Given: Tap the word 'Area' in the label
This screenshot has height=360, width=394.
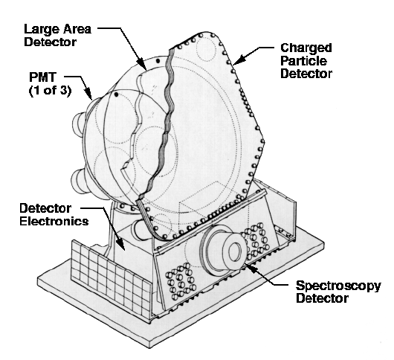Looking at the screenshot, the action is click(77, 29).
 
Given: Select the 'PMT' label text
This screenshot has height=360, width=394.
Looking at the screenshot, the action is click(42, 77).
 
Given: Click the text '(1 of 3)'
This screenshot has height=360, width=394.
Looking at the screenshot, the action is click(50, 90).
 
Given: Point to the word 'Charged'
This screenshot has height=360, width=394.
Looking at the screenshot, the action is click(306, 48).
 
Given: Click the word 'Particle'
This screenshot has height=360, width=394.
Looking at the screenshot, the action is click(303, 61).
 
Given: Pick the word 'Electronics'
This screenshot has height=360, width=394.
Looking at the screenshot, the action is click(54, 222).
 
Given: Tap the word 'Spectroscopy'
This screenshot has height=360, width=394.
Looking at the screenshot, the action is click(338, 286).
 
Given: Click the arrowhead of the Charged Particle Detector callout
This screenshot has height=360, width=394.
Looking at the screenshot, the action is click(238, 60).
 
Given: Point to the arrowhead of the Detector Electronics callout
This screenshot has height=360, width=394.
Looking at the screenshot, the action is click(121, 244).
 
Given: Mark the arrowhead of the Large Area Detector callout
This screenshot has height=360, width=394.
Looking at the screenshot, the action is click(143, 65).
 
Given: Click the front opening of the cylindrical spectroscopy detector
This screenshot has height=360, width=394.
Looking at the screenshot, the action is click(235, 251).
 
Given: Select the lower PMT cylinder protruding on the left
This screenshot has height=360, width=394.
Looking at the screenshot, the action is click(78, 181).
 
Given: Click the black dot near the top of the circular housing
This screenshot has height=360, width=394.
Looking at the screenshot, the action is click(158, 61).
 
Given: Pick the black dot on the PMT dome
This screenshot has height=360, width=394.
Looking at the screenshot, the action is click(116, 94).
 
